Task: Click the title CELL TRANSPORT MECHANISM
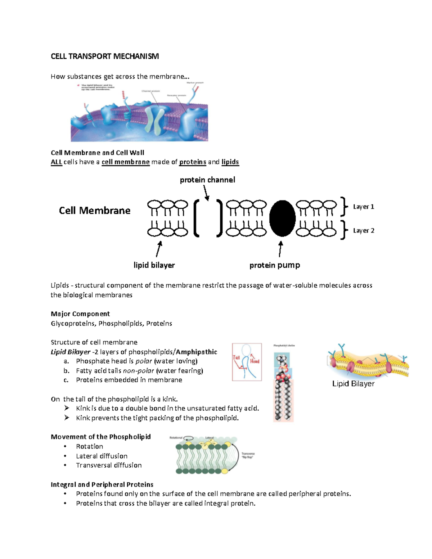(x=104, y=56)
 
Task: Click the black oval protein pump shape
(x=282, y=218)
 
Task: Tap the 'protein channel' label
(x=207, y=180)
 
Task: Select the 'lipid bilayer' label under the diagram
(x=154, y=265)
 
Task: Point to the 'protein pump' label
(x=275, y=265)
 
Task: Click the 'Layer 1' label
(x=363, y=207)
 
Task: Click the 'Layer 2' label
(x=363, y=230)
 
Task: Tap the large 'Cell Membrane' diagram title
(x=95, y=211)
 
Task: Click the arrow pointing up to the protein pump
(x=280, y=249)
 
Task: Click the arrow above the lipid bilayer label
(x=159, y=249)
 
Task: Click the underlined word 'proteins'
(x=193, y=162)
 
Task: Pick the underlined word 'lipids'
(x=230, y=162)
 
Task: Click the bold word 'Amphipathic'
(x=197, y=352)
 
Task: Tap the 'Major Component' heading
(x=80, y=314)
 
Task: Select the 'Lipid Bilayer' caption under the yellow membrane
(x=353, y=384)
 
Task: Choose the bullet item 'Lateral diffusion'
(x=102, y=456)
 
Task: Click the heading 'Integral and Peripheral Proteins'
(x=102, y=484)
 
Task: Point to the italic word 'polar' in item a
(x=144, y=361)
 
